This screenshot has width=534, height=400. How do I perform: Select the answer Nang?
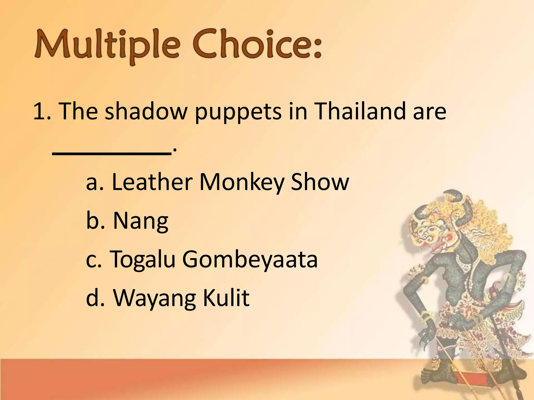(x=141, y=221)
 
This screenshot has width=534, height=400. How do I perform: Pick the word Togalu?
(x=142, y=260)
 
